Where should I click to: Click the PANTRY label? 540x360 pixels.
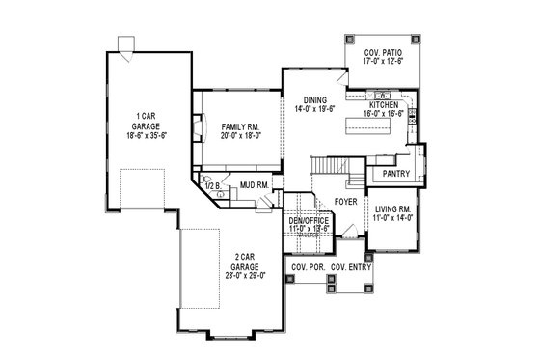click(x=396, y=174)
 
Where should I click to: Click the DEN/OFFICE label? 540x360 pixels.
click(x=309, y=221)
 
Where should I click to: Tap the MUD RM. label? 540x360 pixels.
click(x=255, y=183)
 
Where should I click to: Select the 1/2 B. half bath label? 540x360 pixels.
click(x=210, y=184)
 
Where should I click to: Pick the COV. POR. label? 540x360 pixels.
click(x=308, y=266)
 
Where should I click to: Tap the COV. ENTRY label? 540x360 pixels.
click(x=351, y=266)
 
